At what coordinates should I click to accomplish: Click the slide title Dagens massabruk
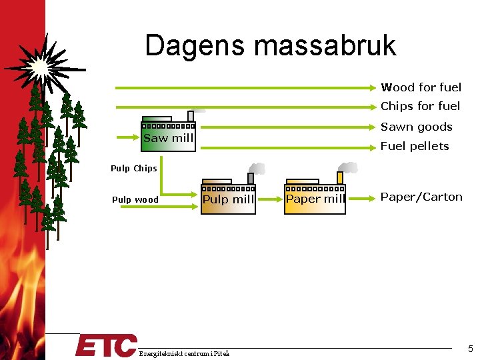click(x=270, y=45)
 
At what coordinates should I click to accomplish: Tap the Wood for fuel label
click(x=421, y=87)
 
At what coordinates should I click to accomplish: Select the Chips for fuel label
click(x=420, y=106)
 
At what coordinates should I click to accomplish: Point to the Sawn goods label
click(x=416, y=127)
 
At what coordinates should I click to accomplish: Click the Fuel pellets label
click(x=415, y=146)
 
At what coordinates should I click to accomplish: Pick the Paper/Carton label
click(x=421, y=197)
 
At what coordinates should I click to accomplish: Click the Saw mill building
click(x=169, y=137)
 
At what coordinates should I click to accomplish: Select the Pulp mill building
click(x=228, y=199)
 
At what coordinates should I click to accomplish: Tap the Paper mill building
click(x=315, y=199)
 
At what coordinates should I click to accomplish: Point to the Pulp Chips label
click(x=134, y=169)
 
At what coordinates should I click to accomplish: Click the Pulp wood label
click(x=135, y=199)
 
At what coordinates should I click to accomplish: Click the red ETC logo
click(x=105, y=346)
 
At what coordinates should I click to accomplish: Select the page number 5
click(x=470, y=349)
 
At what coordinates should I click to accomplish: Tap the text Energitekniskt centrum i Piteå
click(x=184, y=353)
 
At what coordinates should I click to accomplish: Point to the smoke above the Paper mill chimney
click(x=347, y=167)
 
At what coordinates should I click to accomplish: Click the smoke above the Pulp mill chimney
click(x=257, y=169)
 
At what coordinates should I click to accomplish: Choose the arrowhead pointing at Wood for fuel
click(x=374, y=87)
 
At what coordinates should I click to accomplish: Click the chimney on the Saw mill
click(x=191, y=116)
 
